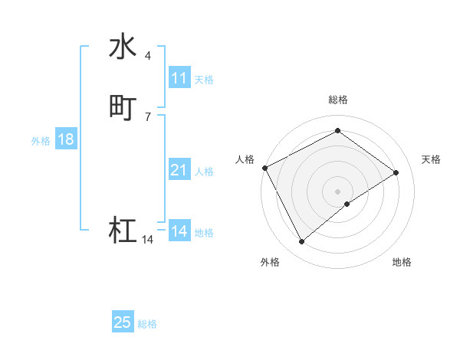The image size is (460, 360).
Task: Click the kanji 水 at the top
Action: tap(123, 47)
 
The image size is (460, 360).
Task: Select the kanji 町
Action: tap(123, 108)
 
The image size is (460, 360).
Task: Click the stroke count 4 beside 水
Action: tap(148, 56)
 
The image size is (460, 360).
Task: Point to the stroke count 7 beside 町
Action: tap(148, 116)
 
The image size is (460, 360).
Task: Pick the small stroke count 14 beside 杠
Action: tap(147, 240)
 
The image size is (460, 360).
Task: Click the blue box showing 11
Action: tap(179, 78)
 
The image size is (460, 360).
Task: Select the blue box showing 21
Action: tap(179, 170)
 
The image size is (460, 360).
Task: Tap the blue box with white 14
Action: tap(179, 231)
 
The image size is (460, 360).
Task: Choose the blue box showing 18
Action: tap(66, 139)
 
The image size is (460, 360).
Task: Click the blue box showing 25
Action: tap(123, 322)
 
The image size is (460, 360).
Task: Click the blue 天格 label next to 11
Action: tap(204, 79)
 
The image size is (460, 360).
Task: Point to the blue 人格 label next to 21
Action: tap(204, 171)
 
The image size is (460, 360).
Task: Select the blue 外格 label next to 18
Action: tap(41, 140)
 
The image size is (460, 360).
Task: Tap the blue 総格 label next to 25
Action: tap(147, 323)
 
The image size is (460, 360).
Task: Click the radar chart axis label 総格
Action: tap(337, 100)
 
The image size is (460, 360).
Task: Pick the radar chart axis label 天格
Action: tap(432, 159)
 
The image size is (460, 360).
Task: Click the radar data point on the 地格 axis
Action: tap(348, 204)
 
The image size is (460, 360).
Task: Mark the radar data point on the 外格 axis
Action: tap(302, 242)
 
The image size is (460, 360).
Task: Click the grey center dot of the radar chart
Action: tap(337, 191)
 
